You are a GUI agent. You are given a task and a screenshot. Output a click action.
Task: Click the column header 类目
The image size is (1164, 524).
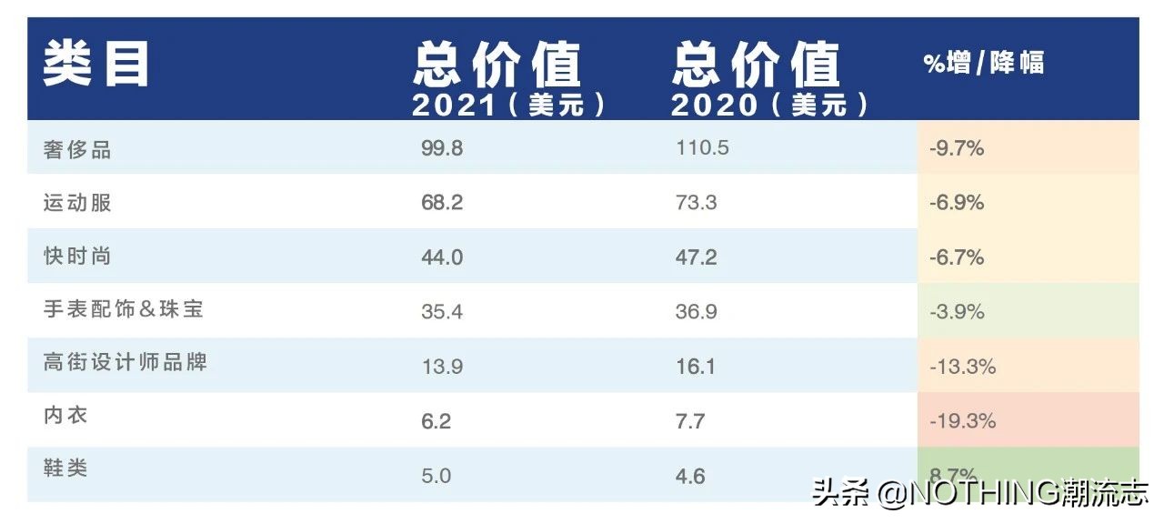click(x=95, y=64)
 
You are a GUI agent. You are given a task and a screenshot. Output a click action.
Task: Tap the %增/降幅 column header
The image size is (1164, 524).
click(x=984, y=63)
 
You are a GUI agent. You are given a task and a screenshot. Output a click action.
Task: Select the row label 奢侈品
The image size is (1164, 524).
click(x=77, y=149)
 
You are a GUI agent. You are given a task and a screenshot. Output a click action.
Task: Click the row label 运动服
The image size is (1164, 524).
click(x=77, y=202)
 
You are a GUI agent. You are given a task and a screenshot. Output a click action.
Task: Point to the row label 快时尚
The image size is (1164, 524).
click(x=77, y=257)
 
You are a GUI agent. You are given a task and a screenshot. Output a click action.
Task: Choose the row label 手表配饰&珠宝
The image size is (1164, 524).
click(x=123, y=309)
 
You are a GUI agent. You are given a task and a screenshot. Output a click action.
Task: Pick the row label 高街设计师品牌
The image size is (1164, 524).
click(x=125, y=362)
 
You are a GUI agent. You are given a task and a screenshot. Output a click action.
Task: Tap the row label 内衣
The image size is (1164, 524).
click(x=65, y=416)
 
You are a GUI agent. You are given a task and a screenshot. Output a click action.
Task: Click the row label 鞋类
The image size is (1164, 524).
click(x=65, y=469)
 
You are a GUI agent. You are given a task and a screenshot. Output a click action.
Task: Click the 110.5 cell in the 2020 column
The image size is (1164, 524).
click(x=702, y=148)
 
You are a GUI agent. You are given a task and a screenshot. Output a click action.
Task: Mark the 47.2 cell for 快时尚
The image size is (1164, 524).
click(x=696, y=257)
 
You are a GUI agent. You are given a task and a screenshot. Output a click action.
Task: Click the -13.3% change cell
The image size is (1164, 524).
click(x=962, y=367)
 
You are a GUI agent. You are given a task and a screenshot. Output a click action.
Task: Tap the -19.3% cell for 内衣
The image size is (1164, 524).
click(x=962, y=421)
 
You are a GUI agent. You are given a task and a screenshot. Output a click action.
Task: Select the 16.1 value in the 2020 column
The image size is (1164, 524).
click(x=696, y=367)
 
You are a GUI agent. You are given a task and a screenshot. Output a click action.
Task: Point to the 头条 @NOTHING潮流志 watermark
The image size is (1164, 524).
click(x=980, y=493)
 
